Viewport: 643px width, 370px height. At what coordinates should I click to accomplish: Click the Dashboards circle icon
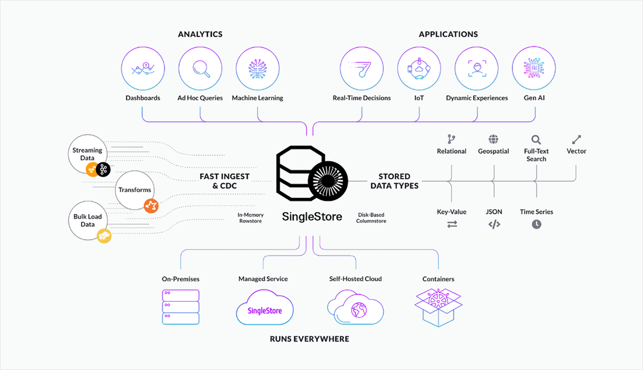pos(143,68)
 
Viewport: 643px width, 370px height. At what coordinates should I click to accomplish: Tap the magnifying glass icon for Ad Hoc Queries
pos(200,68)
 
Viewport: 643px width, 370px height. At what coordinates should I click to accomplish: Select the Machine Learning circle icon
pos(258,68)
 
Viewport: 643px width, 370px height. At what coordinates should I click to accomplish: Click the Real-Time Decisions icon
pos(362,68)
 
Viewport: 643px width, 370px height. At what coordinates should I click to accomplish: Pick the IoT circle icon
pos(419,68)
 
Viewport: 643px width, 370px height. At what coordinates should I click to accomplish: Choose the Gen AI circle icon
pos(534,68)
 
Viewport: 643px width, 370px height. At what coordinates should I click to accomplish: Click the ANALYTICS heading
pos(200,34)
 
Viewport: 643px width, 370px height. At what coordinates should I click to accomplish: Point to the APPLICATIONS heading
pos(448,34)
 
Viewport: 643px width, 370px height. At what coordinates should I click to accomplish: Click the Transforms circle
pos(134,190)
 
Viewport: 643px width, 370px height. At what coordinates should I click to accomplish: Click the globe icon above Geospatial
pos(494,139)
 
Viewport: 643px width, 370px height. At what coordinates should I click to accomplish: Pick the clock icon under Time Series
pos(536,225)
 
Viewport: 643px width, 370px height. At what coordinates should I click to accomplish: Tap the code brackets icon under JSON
pos(494,225)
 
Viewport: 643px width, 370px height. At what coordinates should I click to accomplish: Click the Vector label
pos(577,151)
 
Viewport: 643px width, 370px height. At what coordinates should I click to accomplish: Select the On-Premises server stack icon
pos(181,307)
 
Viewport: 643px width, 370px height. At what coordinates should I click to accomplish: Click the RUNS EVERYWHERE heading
pos(309,339)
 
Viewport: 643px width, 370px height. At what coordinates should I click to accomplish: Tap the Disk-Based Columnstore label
pos(371,218)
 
